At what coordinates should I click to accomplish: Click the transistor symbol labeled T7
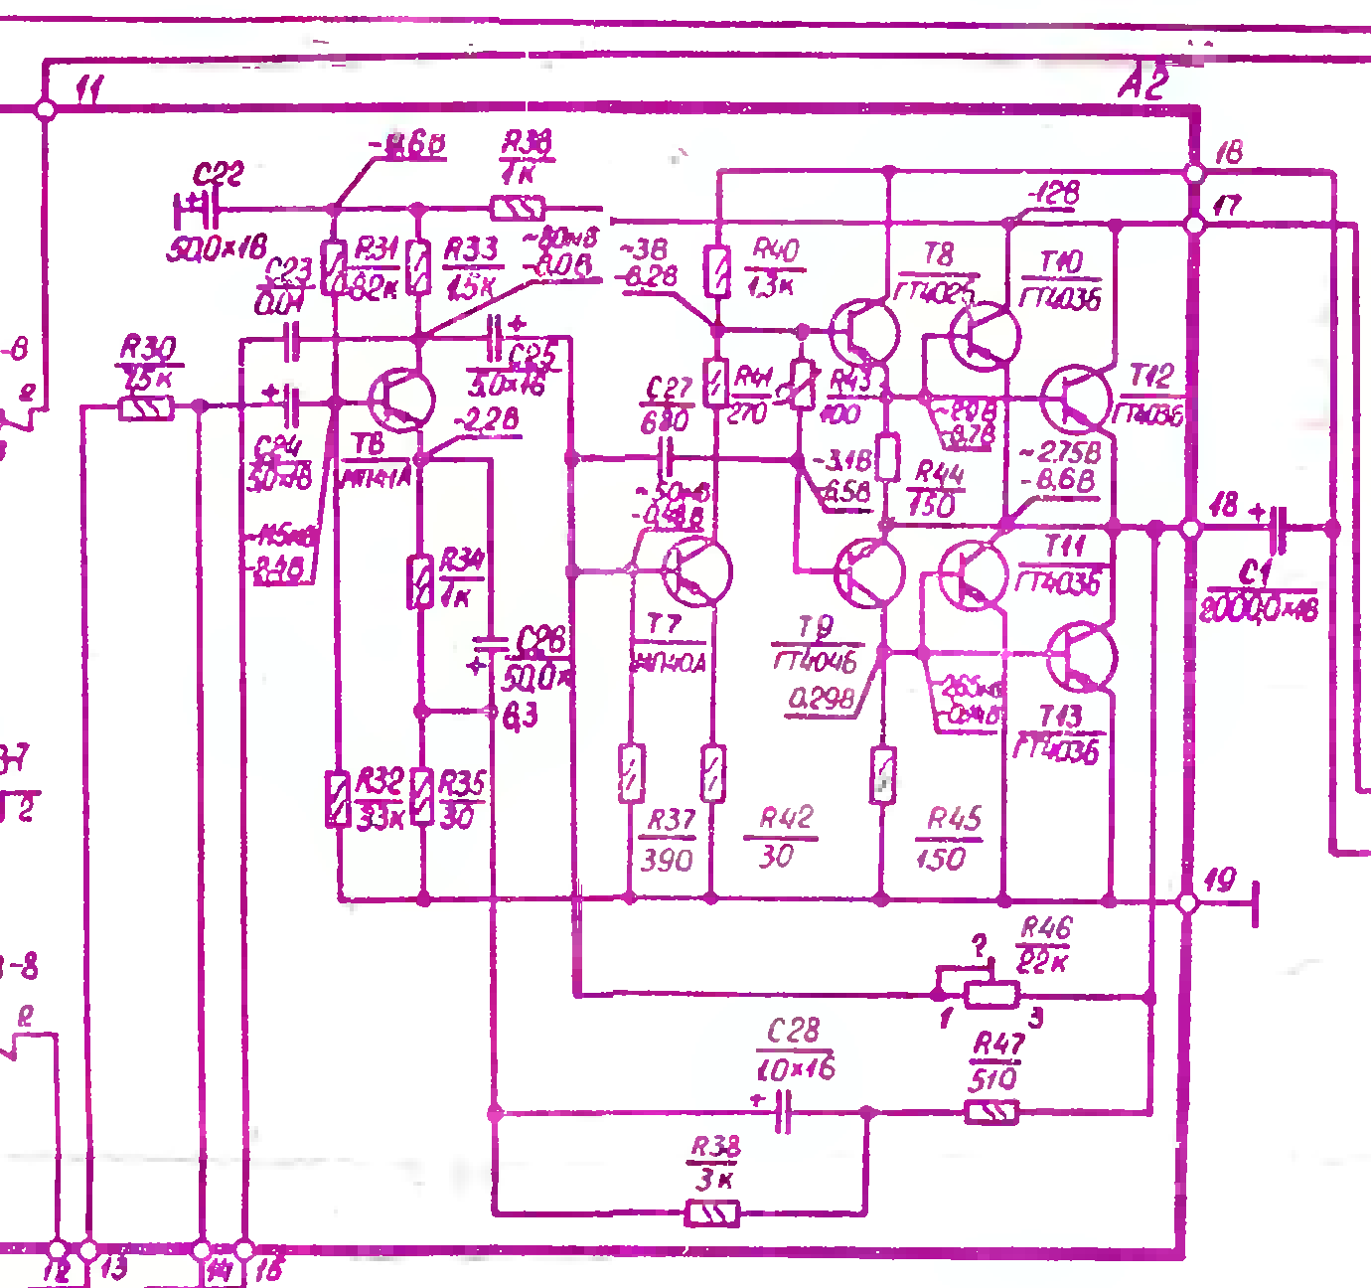(x=697, y=571)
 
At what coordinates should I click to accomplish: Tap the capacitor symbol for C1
(x=1279, y=529)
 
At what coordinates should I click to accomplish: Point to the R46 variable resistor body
(x=991, y=994)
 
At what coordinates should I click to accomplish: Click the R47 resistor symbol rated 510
(x=992, y=1112)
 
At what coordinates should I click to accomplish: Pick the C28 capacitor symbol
(x=783, y=1111)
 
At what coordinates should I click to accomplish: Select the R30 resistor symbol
(x=146, y=406)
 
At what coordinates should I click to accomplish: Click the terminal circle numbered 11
(x=45, y=108)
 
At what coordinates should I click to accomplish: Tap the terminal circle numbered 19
(x=1187, y=902)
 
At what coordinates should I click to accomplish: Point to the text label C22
(x=218, y=176)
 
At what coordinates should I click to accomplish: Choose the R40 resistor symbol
(x=717, y=271)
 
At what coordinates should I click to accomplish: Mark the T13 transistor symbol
(x=1083, y=657)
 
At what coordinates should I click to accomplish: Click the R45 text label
(x=954, y=820)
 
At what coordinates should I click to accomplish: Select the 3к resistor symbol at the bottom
(x=713, y=1213)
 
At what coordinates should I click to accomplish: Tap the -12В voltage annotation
(x=1052, y=193)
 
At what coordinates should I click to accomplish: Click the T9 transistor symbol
(x=869, y=573)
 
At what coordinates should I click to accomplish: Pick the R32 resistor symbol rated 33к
(x=339, y=799)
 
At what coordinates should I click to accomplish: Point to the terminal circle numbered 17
(x=1194, y=226)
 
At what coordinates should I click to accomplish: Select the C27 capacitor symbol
(x=667, y=459)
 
